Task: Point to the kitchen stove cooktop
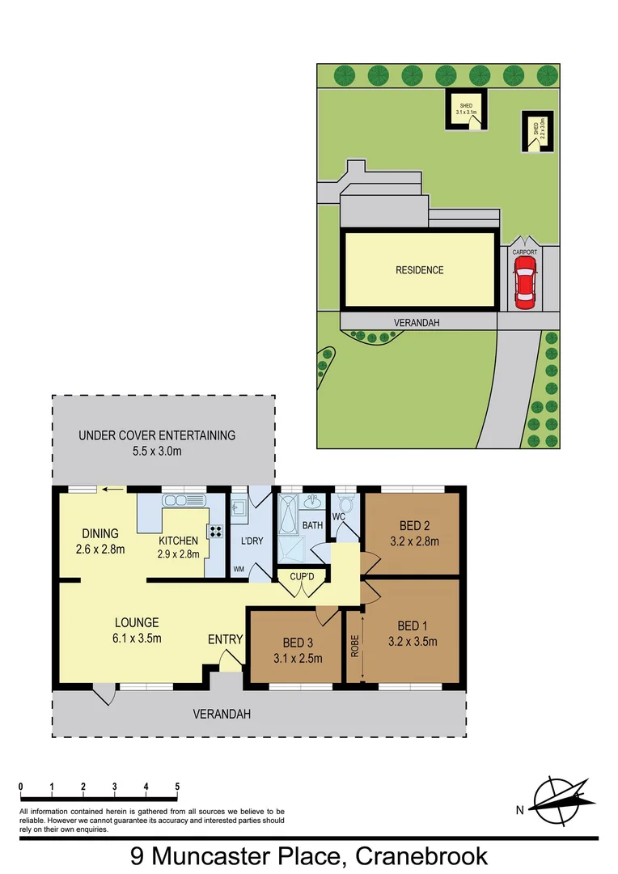pyautogui.click(x=217, y=532)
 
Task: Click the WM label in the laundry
pyautogui.click(x=239, y=569)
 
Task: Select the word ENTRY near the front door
pyautogui.click(x=225, y=639)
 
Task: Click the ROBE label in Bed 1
pyautogui.click(x=354, y=645)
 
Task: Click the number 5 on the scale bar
pyautogui.click(x=177, y=787)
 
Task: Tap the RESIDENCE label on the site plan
pyautogui.click(x=419, y=269)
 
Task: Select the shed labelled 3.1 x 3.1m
pyautogui.click(x=466, y=109)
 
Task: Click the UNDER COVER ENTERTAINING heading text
pyautogui.click(x=157, y=435)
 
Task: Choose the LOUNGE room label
pyautogui.click(x=137, y=623)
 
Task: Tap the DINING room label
pyautogui.click(x=100, y=533)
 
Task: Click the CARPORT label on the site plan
pyautogui.click(x=524, y=252)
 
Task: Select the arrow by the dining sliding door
pyautogui.click(x=114, y=489)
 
